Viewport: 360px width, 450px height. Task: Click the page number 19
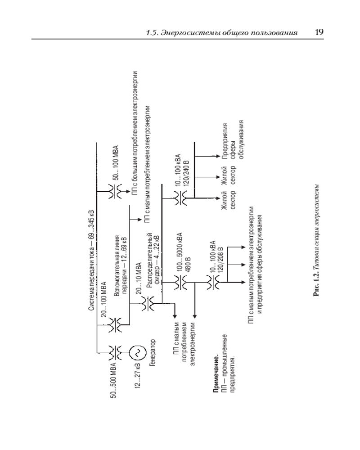click(x=319, y=32)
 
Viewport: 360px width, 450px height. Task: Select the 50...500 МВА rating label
click(x=113, y=380)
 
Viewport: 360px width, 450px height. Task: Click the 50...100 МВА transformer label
click(x=116, y=163)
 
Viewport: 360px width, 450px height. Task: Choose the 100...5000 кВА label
click(x=180, y=251)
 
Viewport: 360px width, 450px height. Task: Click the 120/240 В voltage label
click(x=187, y=173)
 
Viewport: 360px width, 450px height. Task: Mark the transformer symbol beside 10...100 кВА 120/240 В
click(x=180, y=198)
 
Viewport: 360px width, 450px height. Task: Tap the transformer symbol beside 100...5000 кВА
click(x=180, y=283)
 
